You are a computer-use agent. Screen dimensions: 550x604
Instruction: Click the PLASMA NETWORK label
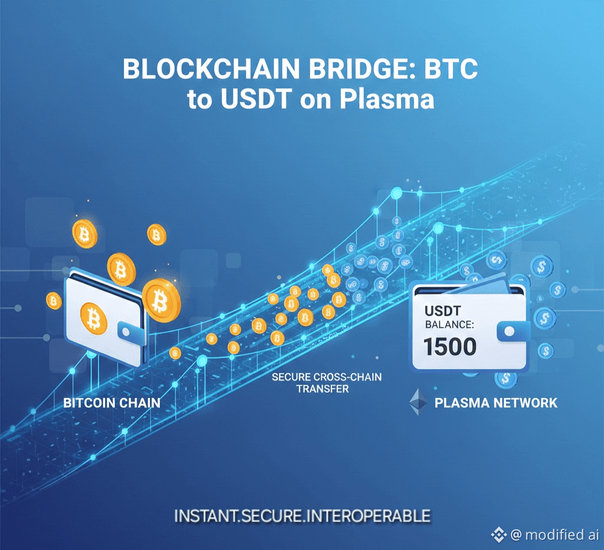pyautogui.click(x=495, y=403)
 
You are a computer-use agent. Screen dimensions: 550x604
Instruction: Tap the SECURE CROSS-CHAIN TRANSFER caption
pyautogui.click(x=326, y=383)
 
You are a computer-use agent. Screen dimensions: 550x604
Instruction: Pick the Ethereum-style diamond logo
pyautogui.click(x=419, y=403)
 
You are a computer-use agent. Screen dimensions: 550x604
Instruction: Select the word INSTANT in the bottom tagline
pyautogui.click(x=206, y=516)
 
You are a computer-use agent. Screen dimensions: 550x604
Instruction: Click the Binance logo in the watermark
pyautogui.click(x=499, y=534)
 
